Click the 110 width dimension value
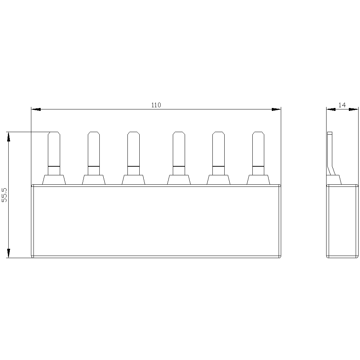coord(156,105)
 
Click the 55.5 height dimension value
coord(4,195)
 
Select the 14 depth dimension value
coord(342,105)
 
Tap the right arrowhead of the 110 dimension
coord(276,109)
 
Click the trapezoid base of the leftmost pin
coord(54,180)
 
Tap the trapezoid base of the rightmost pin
coord(258,180)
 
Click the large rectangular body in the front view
coord(156,221)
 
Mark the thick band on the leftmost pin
coord(54,166)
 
